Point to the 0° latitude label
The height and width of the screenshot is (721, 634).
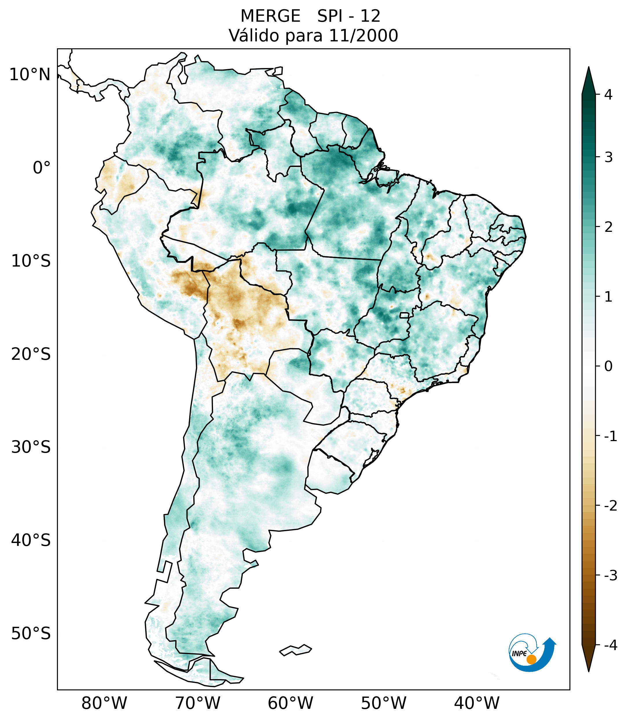click(x=42, y=168)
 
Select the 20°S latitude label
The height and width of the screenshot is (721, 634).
click(x=31, y=354)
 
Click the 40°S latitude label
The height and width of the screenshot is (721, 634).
click(x=31, y=540)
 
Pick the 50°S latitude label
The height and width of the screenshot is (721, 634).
click(x=31, y=634)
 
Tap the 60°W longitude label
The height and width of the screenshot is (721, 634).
click(x=290, y=703)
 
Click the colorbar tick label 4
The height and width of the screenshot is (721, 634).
click(x=608, y=95)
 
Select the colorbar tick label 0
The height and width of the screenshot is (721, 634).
click(x=608, y=366)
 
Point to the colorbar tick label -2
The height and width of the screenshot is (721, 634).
click(x=610, y=506)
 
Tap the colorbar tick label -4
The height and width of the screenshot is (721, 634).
click(x=610, y=645)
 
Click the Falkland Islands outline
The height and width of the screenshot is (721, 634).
click(x=295, y=650)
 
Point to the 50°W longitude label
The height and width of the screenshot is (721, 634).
click(x=383, y=703)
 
